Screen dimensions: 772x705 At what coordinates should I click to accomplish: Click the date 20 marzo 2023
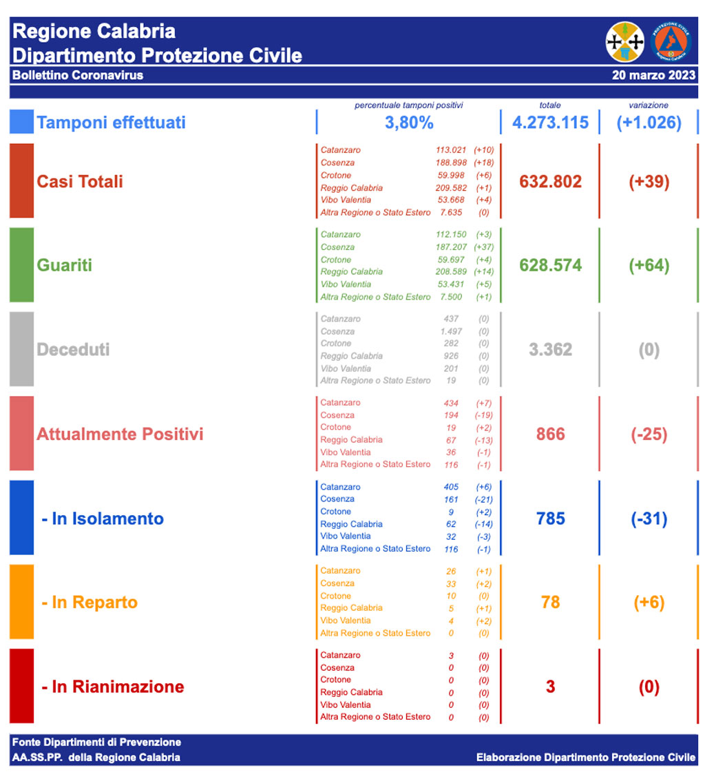coord(653,75)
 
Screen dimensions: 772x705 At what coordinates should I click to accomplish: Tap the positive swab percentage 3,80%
coord(409,123)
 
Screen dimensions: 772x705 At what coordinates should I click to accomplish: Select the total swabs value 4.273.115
coord(550,123)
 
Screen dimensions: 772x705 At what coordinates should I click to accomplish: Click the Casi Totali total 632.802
coord(550,181)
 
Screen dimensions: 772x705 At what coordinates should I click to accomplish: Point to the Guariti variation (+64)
coord(649,265)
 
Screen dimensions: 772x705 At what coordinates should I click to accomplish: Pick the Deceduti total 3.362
coord(550,349)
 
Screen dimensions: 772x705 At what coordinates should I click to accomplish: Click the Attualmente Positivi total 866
coord(550,434)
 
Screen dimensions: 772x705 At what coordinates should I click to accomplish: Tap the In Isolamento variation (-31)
coord(649,519)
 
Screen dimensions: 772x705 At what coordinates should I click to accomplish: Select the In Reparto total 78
coord(550,603)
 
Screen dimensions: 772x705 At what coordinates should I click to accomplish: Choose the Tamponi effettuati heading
coord(111,123)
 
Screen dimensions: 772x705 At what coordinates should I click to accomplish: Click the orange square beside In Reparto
coord(21,602)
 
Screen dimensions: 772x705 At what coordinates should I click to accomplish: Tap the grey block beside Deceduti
coord(21,349)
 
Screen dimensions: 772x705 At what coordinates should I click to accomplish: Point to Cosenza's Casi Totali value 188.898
coord(451,163)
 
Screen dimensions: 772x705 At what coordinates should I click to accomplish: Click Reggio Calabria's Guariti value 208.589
coord(451,271)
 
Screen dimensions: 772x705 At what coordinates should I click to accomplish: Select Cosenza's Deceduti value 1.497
coord(451,331)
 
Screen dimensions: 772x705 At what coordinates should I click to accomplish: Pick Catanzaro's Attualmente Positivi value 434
coord(451,402)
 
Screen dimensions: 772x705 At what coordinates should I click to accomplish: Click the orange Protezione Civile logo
coord(671,41)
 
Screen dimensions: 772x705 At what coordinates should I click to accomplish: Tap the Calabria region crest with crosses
coord(624,41)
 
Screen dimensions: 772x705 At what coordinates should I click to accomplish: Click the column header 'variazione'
coord(649,105)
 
